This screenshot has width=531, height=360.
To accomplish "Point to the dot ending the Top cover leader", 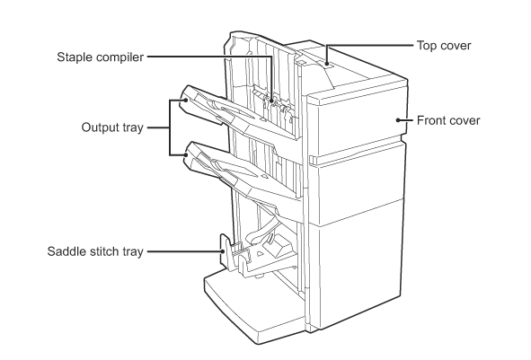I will coord(327,64).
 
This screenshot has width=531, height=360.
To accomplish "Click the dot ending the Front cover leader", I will coord(396,119).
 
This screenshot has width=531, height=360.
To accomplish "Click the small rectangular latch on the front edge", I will coord(311,162).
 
